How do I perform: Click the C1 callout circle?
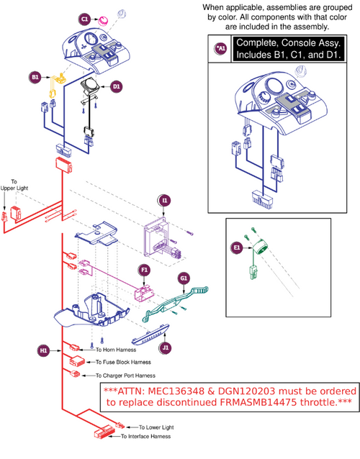click(84, 18)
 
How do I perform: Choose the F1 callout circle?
click(144, 271)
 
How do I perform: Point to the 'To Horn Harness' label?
click(103, 349)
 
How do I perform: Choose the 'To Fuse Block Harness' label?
click(117, 361)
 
